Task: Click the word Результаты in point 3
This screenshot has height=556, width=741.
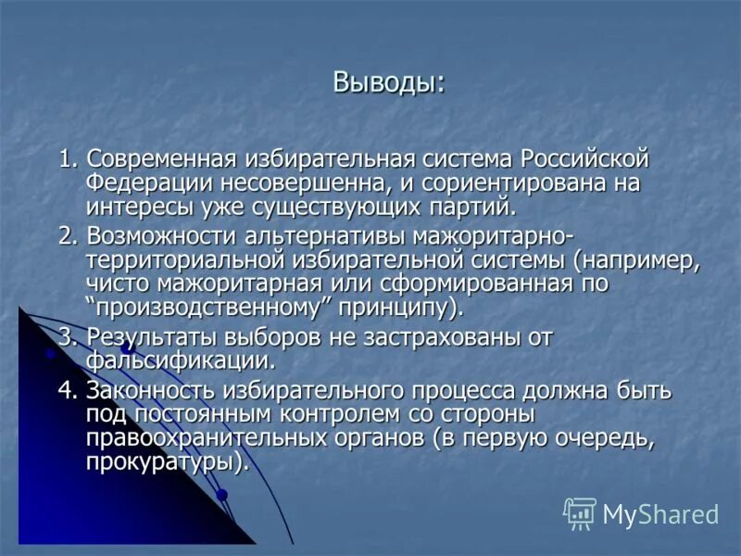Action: (144, 337)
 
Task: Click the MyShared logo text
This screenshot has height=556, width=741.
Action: (660, 513)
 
